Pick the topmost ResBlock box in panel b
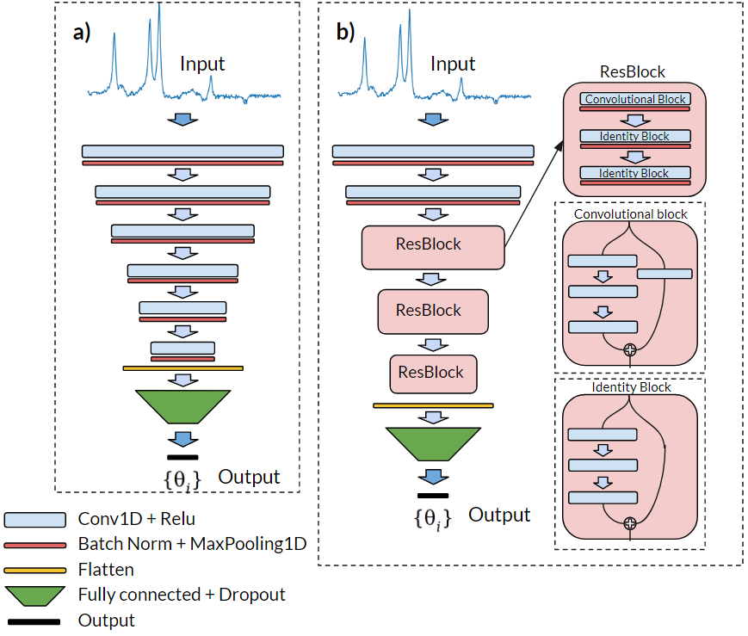pyautogui.click(x=433, y=244)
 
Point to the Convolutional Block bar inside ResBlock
pyautogui.click(x=635, y=99)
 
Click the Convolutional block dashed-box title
pyautogui.click(x=630, y=213)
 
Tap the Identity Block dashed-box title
pyautogui.click(x=631, y=387)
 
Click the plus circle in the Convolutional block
pyautogui.click(x=630, y=349)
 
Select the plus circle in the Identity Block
pyautogui.click(x=630, y=522)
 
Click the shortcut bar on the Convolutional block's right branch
pyautogui.click(x=665, y=274)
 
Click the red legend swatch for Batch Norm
pyautogui.click(x=35, y=545)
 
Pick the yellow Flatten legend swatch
pyautogui.click(x=35, y=570)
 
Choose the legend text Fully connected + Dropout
pyautogui.click(x=182, y=595)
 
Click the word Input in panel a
pyautogui.click(x=202, y=64)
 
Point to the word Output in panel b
pyautogui.click(x=499, y=515)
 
